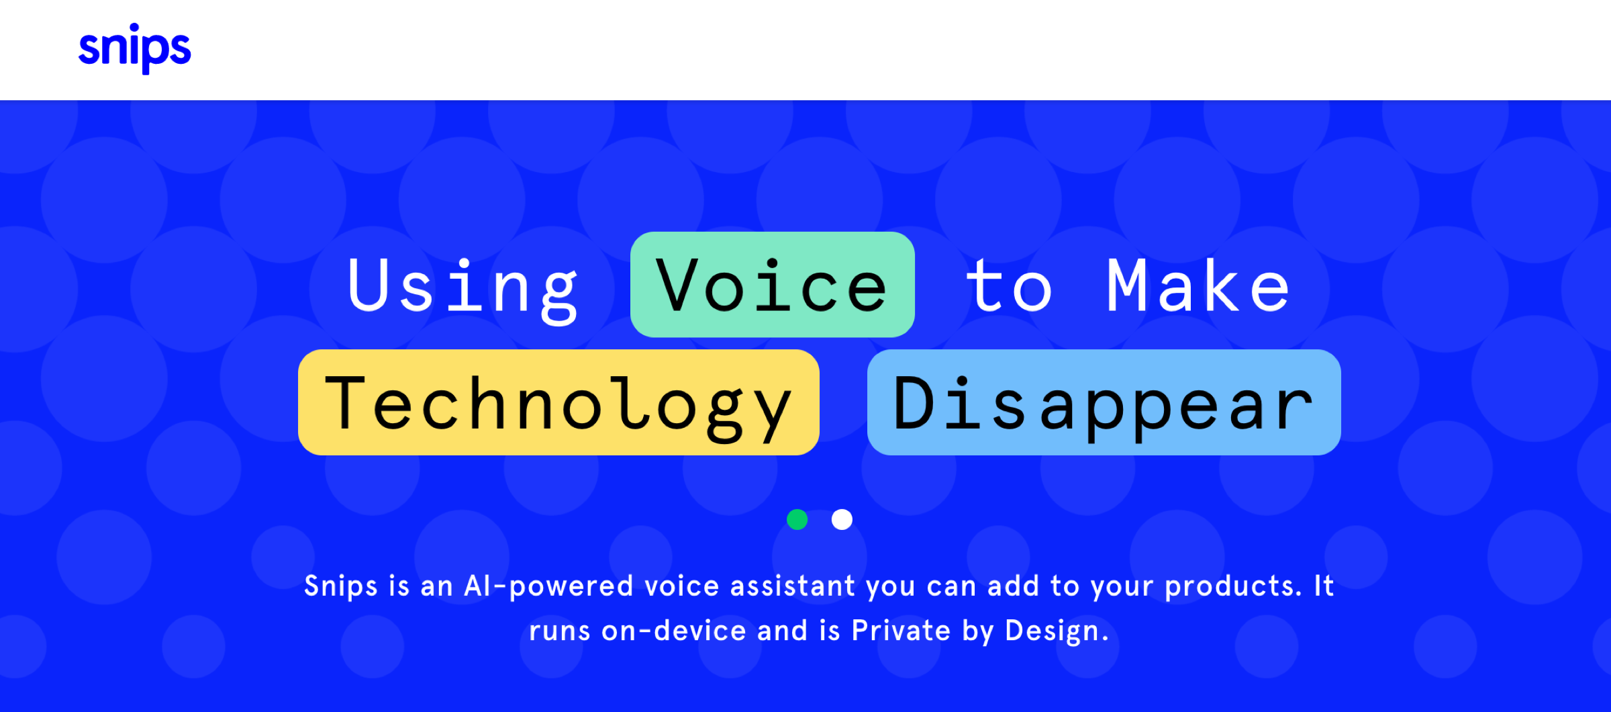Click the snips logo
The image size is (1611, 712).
pos(135,48)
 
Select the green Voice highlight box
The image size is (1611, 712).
pos(773,284)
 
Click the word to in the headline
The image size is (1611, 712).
pos(1009,287)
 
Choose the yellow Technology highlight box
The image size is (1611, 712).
pos(558,402)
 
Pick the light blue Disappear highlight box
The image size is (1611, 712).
pos(1104,402)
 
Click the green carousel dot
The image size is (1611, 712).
pos(797,519)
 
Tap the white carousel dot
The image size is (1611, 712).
pos(842,519)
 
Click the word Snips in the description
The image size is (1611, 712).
pos(341,586)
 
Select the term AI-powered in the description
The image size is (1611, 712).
pos(549,586)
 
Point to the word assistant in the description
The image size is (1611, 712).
pos(793,586)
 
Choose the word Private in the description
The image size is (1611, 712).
pos(901,631)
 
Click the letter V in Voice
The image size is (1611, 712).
pos(679,285)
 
